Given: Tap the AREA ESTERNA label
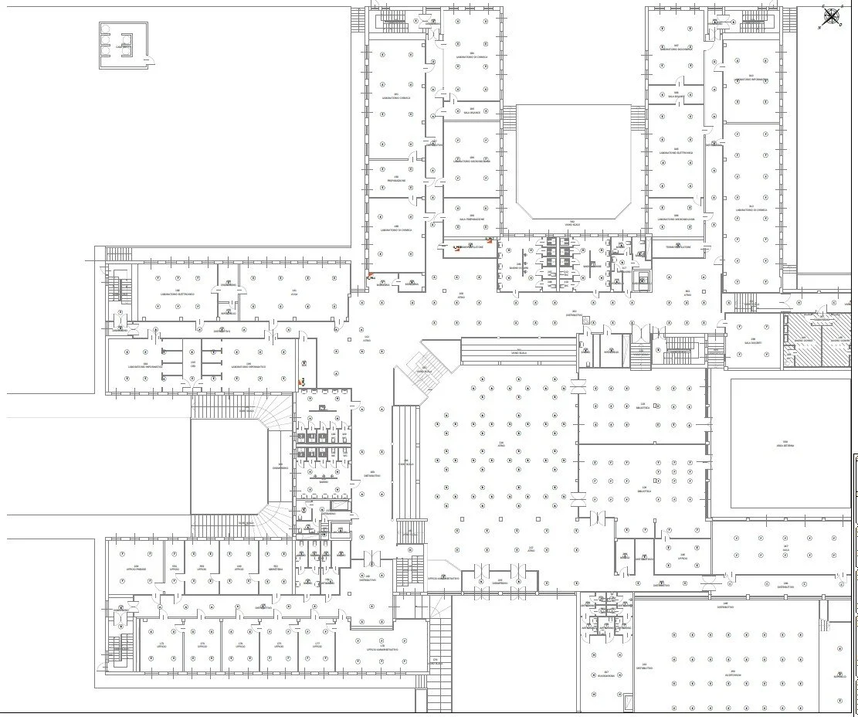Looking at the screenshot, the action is coord(785,445).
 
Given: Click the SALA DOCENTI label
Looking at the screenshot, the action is coord(753,342).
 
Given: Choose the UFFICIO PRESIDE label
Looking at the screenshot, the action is coord(136,569).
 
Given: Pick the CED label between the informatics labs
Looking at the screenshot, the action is coord(193,365).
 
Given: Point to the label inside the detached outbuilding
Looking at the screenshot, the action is coord(124,48).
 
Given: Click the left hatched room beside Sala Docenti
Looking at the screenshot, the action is coord(802,341).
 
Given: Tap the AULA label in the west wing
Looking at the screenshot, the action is coord(293,294).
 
